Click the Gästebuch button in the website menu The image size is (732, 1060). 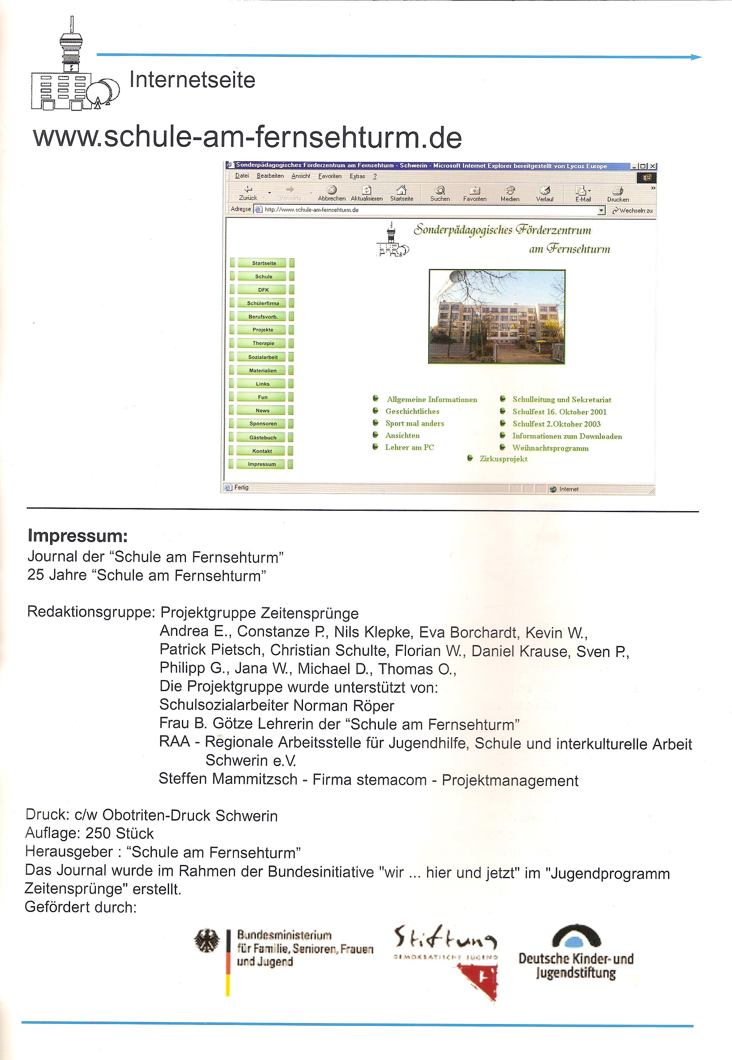262,437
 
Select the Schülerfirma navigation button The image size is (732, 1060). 263,303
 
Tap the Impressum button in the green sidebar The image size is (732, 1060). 262,464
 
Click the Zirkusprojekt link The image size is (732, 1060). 503,459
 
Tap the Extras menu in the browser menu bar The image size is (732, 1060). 357,176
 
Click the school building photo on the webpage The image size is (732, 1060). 497,317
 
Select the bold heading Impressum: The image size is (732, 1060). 77,535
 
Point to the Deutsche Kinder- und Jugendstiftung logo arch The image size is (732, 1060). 577,937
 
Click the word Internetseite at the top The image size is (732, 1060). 192,80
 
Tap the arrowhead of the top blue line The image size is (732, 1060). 696,57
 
